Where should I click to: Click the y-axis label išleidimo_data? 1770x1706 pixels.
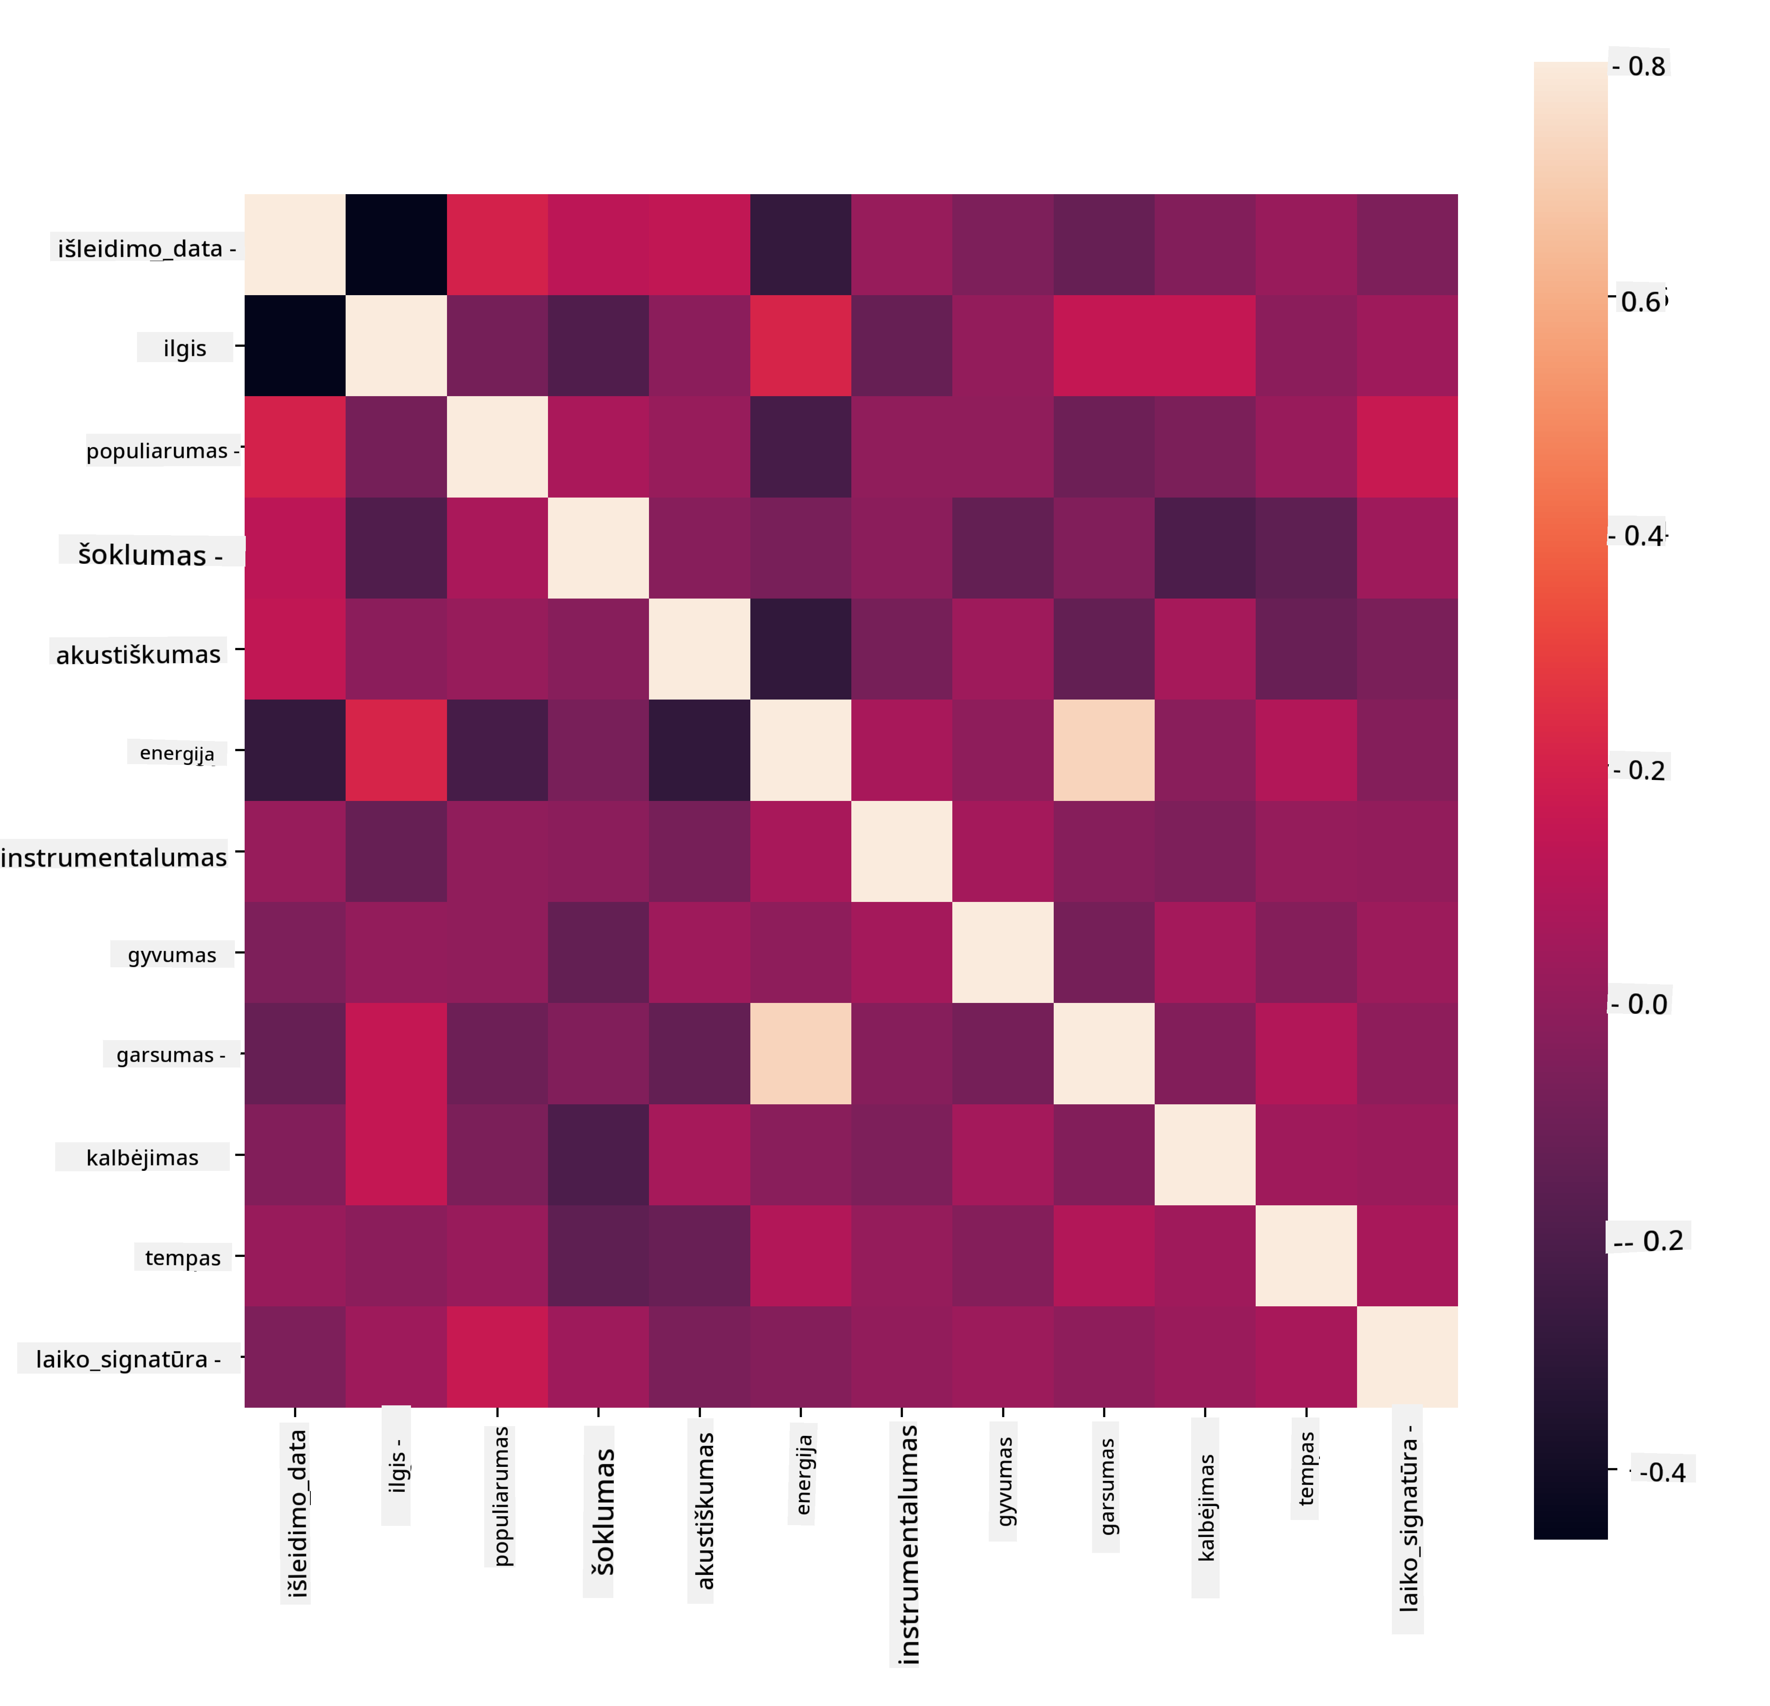[x=140, y=248]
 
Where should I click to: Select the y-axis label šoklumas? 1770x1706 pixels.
[x=143, y=554]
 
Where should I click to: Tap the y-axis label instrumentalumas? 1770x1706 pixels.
[x=114, y=857]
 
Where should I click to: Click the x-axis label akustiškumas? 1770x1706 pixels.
[x=705, y=1510]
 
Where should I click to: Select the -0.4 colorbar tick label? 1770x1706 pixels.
[x=1662, y=1472]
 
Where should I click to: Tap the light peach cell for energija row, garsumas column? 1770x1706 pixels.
[x=1103, y=750]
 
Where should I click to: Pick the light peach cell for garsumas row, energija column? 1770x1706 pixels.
[x=800, y=1053]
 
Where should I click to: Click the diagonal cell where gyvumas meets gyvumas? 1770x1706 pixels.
[x=1002, y=952]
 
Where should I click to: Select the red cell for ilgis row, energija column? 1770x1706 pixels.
[x=800, y=345]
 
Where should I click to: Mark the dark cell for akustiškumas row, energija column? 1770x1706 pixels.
[x=800, y=648]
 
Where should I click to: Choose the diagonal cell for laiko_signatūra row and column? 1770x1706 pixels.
[x=1407, y=1356]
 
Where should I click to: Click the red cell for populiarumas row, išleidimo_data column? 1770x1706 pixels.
[x=294, y=446]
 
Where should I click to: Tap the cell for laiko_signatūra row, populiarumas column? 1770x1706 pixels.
[x=497, y=1356]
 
